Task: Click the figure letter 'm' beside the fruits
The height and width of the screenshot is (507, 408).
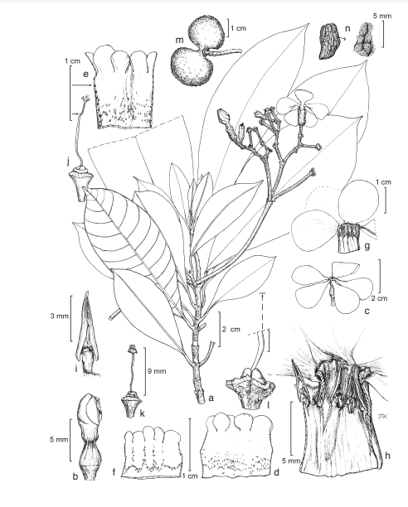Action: click(179, 40)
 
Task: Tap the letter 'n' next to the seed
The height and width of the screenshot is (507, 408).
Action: click(347, 28)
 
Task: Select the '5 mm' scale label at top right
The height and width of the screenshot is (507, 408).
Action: click(382, 16)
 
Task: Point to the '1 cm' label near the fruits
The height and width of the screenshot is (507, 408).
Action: click(239, 28)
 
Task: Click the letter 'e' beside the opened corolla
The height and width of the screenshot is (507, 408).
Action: click(85, 74)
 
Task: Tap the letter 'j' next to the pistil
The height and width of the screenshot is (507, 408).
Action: click(69, 161)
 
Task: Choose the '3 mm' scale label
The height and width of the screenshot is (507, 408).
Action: click(60, 316)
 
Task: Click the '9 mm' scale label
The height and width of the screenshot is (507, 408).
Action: click(157, 371)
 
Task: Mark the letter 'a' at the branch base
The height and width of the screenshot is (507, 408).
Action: click(211, 398)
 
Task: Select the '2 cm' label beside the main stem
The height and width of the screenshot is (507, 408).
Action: click(231, 330)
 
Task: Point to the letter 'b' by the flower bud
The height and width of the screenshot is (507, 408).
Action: click(75, 476)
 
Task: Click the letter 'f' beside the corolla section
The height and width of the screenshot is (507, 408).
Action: click(114, 472)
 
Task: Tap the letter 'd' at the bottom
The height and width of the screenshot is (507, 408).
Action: click(276, 472)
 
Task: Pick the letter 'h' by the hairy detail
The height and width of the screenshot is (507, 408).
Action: click(387, 456)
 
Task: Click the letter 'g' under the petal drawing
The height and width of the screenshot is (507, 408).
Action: click(367, 246)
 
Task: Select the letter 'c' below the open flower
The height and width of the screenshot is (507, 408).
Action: click(367, 311)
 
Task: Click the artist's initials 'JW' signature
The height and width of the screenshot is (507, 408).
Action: click(382, 416)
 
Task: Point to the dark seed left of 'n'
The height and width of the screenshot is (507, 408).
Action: click(329, 41)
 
